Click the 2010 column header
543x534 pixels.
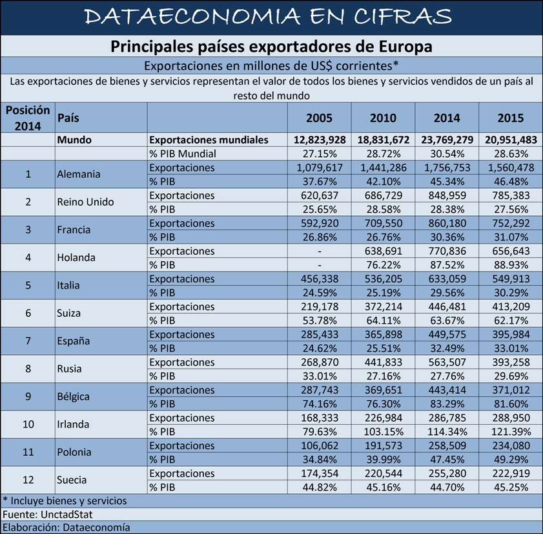(383, 118)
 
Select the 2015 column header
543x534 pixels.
(511, 118)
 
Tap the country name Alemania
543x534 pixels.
(79, 174)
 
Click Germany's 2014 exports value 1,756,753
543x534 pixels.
(447, 168)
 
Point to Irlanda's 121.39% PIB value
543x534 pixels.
(511, 432)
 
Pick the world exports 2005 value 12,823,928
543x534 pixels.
(320, 140)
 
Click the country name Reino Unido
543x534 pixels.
(85, 202)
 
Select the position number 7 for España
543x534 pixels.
(28, 341)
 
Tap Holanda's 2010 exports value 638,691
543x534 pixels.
(384, 251)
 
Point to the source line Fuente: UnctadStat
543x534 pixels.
(47, 514)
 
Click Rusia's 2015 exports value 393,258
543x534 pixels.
(511, 362)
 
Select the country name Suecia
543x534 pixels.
(71, 480)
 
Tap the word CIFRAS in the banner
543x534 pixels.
(402, 17)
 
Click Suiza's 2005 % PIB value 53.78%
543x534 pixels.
(320, 321)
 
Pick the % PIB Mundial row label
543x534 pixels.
(183, 154)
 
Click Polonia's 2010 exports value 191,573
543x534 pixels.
(384, 445)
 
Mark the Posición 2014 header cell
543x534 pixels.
(28, 118)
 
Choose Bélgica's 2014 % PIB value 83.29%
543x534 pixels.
(447, 404)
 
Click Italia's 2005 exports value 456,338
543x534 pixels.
(320, 279)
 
